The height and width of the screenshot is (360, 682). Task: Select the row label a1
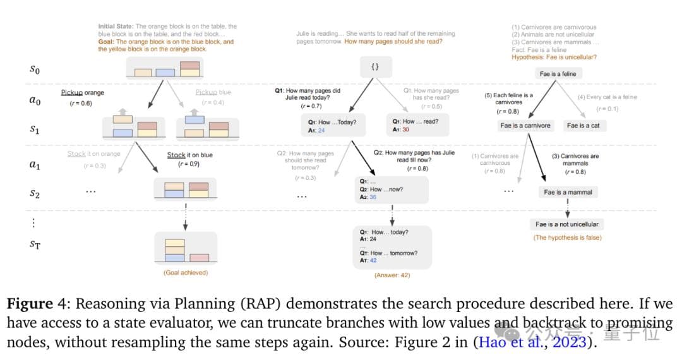35,164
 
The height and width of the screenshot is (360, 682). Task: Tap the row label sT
35,244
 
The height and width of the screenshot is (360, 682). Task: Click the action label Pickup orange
82,93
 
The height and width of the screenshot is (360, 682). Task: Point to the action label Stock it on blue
189,155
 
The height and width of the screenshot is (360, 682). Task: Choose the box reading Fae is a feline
558,74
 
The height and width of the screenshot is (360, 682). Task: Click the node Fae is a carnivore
525,126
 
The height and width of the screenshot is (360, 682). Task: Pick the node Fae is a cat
583,126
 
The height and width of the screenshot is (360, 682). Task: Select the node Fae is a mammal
568,192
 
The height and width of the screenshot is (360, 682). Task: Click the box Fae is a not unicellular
566,224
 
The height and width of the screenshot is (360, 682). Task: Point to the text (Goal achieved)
185,273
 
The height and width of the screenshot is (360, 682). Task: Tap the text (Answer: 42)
393,275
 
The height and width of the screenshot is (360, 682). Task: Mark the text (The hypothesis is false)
567,237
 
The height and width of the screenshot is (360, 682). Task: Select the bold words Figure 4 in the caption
39,304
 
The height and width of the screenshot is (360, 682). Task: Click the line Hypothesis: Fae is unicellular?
554,57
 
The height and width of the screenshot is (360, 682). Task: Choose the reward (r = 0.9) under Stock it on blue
189,164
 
